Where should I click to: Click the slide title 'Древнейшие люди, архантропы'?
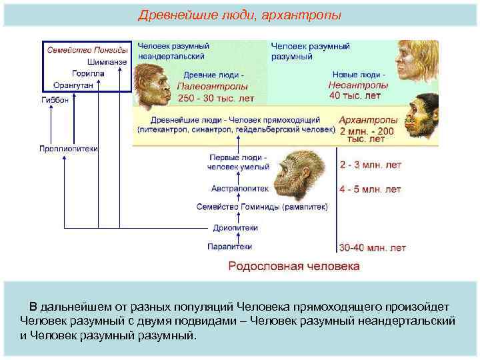point(239,15)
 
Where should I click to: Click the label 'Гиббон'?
point(54,100)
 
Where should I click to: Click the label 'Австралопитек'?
point(239,188)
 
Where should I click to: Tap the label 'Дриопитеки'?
point(236,227)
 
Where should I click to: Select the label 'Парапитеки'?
point(230,246)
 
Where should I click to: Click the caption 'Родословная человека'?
point(294,266)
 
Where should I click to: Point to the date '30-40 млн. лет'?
point(372,248)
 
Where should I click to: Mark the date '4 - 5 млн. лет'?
point(370,189)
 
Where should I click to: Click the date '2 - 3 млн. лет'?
point(370,164)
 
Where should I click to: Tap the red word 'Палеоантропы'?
point(213,86)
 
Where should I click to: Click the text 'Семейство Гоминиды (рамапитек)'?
point(262,207)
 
